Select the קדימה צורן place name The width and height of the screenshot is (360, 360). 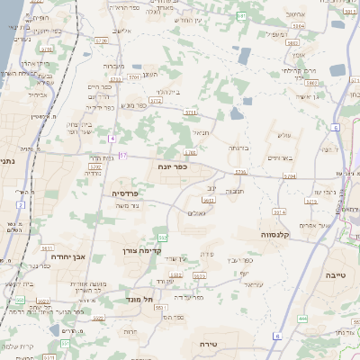(x=140, y=251)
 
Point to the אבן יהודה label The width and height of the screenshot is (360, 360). (x=67, y=256)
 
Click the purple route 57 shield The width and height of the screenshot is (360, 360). (x=123, y=157)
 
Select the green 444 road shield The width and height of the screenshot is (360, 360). (x=302, y=319)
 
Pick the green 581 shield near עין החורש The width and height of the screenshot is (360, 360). (x=241, y=16)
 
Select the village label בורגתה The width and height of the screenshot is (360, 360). (x=238, y=148)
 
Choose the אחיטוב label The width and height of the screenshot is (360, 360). (x=295, y=14)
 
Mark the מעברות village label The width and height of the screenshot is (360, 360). (x=114, y=66)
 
